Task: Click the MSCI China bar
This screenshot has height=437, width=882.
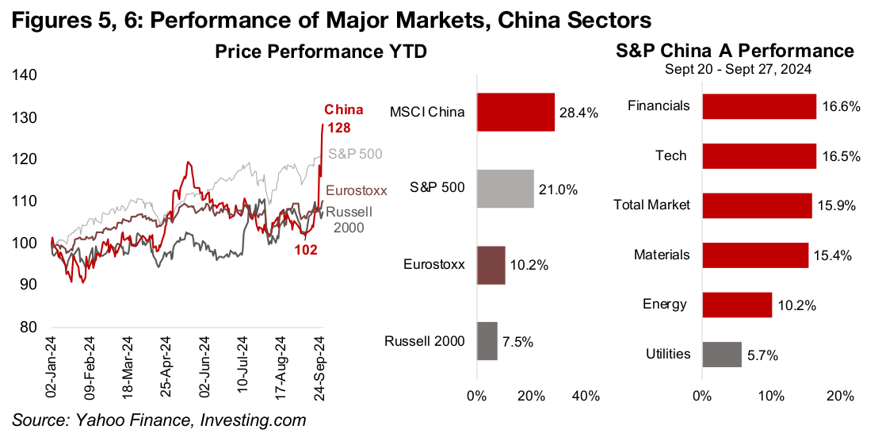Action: pyautogui.click(x=515, y=112)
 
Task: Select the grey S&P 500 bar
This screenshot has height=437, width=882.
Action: pyautogui.click(x=505, y=189)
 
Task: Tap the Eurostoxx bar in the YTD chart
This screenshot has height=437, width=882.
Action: pyautogui.click(x=491, y=265)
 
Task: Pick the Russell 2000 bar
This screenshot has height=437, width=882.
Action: pyautogui.click(x=487, y=341)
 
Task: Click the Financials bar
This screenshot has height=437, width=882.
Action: pyautogui.click(x=758, y=106)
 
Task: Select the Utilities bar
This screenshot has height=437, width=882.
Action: pyautogui.click(x=722, y=355)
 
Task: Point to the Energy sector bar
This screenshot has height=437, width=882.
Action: pyautogui.click(x=737, y=305)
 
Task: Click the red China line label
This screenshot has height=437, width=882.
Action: pyautogui.click(x=345, y=110)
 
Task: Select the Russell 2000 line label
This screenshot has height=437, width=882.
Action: pyautogui.click(x=349, y=220)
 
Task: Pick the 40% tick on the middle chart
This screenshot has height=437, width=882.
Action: pyautogui.click(x=586, y=397)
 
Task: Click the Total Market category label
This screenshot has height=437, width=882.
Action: pyautogui.click(x=652, y=205)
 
